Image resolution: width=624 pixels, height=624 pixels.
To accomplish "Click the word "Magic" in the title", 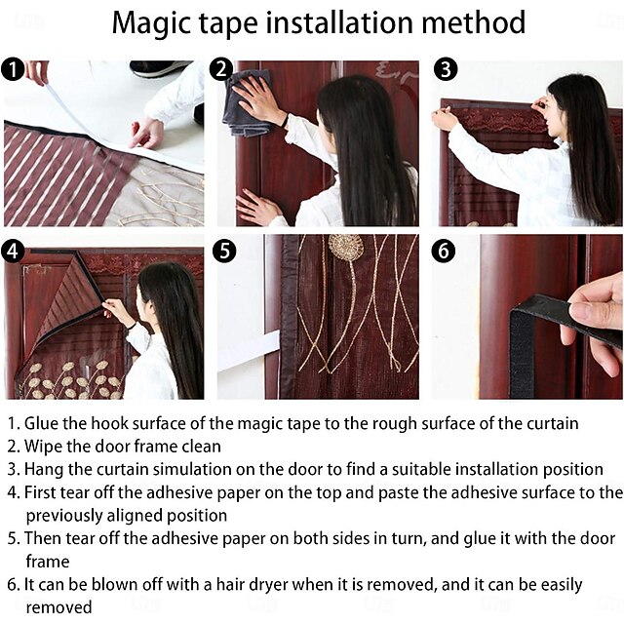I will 158,22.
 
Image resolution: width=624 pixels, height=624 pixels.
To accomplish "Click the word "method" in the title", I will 469,22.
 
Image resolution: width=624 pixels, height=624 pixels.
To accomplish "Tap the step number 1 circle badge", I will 12,69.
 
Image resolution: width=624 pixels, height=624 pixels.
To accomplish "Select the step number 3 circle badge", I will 445,69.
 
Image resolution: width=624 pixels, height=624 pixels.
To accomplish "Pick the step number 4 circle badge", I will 12,250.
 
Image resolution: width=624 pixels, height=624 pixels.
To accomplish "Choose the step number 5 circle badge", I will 224,250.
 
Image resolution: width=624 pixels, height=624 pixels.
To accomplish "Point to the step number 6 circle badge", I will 445,250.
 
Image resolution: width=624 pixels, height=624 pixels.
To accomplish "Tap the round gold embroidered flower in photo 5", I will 343,248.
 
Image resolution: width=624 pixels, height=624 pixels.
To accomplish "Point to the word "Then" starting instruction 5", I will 44,538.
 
